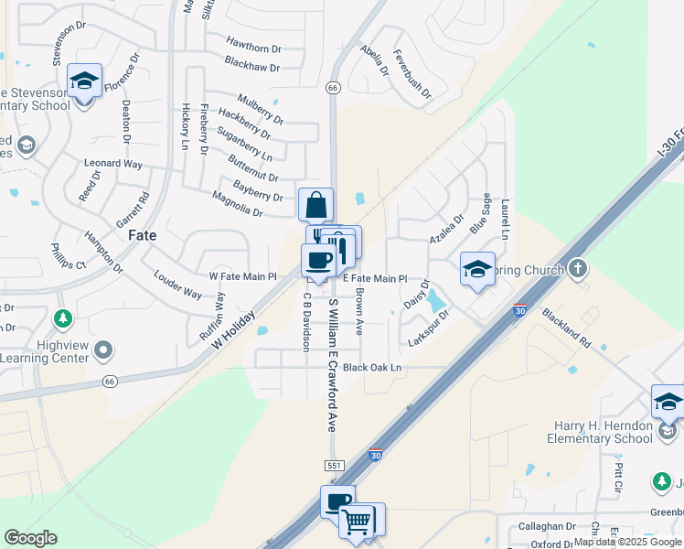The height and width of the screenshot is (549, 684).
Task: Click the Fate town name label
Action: point(142,235)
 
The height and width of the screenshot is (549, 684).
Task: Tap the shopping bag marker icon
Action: point(315,203)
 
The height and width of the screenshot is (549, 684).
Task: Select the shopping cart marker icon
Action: point(357,521)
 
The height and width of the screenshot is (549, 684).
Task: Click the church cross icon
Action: point(577,269)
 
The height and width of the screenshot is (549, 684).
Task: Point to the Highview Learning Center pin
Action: point(103,350)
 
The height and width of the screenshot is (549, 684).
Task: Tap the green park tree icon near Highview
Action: point(62,319)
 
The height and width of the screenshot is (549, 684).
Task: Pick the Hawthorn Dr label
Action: point(252,48)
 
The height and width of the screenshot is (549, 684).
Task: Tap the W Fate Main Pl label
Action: point(242,276)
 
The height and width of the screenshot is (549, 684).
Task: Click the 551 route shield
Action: point(335,466)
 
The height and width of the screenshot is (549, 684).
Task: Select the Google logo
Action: point(30,538)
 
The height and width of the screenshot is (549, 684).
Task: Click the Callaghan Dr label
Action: point(547,526)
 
